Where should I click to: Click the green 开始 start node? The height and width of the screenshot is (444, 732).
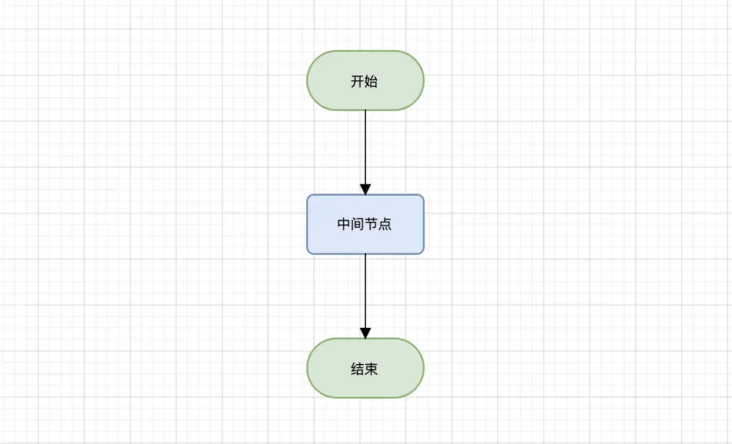(365, 81)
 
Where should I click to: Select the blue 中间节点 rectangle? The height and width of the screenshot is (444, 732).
(365, 224)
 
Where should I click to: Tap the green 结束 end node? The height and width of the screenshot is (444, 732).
(365, 368)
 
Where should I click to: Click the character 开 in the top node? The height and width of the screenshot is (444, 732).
(357, 81)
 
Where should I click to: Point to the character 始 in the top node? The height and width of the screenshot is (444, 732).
(371, 81)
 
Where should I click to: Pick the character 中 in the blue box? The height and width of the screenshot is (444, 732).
(344, 224)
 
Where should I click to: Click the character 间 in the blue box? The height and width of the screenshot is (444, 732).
(358, 224)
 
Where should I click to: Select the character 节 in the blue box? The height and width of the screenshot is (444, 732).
(372, 224)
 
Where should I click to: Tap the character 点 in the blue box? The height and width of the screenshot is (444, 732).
(385, 224)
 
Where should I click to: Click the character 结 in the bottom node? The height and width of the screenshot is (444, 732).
(357, 369)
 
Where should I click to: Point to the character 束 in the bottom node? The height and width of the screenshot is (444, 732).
(371, 369)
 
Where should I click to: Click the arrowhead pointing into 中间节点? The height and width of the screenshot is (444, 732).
(365, 189)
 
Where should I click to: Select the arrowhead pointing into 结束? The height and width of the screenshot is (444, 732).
(365, 332)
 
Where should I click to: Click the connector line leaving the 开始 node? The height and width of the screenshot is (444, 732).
(365, 147)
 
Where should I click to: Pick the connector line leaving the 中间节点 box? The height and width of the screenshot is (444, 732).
(365, 290)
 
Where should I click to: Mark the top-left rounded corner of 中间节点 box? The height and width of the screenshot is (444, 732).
(309, 197)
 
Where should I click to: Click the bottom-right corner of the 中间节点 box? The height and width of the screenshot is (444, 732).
(421, 252)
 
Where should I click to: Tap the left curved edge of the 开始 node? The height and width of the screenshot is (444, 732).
(307, 81)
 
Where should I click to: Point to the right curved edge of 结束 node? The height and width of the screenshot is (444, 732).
(423, 368)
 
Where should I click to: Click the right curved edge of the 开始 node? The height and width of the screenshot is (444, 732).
(423, 81)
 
